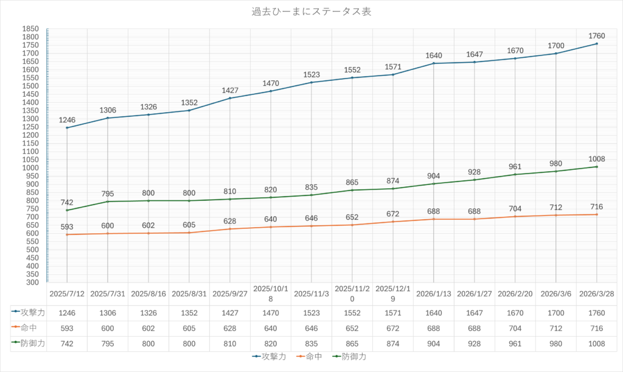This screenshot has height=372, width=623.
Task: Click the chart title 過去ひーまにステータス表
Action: pos(311,12)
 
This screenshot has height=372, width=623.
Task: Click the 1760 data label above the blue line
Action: pos(597,35)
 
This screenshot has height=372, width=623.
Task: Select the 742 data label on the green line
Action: pos(67,202)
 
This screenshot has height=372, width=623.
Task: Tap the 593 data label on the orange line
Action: pos(67,226)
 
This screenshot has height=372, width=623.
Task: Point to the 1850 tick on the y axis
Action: pos(30,29)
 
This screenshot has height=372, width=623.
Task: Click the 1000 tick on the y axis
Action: pos(30,168)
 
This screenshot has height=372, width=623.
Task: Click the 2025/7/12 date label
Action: pos(67,293)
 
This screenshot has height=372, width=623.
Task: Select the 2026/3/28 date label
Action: pos(597,293)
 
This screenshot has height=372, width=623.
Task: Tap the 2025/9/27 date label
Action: pos(230,293)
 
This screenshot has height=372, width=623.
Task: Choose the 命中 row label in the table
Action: pos(28,328)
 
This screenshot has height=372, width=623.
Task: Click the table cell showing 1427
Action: pos(230,312)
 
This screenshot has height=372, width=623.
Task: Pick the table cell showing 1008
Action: pos(597,344)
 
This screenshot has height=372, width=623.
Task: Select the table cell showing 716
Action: pos(597,328)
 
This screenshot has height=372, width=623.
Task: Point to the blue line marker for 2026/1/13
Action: pos(434,63)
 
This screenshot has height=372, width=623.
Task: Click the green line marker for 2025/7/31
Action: pos(108,202)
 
